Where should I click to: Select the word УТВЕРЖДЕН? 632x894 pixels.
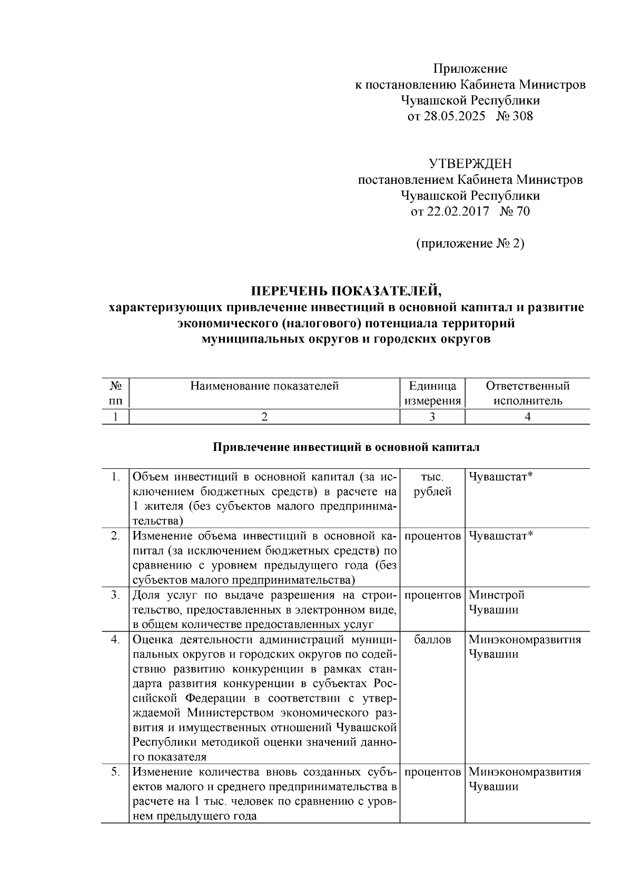(x=470, y=164)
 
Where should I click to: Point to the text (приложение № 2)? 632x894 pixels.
(x=470, y=243)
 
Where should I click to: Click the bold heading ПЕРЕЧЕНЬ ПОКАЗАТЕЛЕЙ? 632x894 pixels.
(x=346, y=291)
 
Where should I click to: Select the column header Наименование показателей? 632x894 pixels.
(x=264, y=386)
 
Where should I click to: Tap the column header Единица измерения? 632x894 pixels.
(x=432, y=394)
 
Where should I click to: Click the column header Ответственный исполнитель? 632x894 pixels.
(x=527, y=394)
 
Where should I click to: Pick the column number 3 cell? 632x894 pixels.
(x=432, y=417)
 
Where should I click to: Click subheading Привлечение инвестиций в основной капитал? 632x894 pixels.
(x=346, y=448)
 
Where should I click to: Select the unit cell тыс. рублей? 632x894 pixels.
(x=432, y=484)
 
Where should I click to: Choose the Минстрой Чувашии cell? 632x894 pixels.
(x=497, y=602)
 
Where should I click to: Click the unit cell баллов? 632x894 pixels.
(x=432, y=640)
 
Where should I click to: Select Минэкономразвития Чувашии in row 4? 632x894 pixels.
(x=525, y=647)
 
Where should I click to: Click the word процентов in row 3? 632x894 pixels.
(x=432, y=595)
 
